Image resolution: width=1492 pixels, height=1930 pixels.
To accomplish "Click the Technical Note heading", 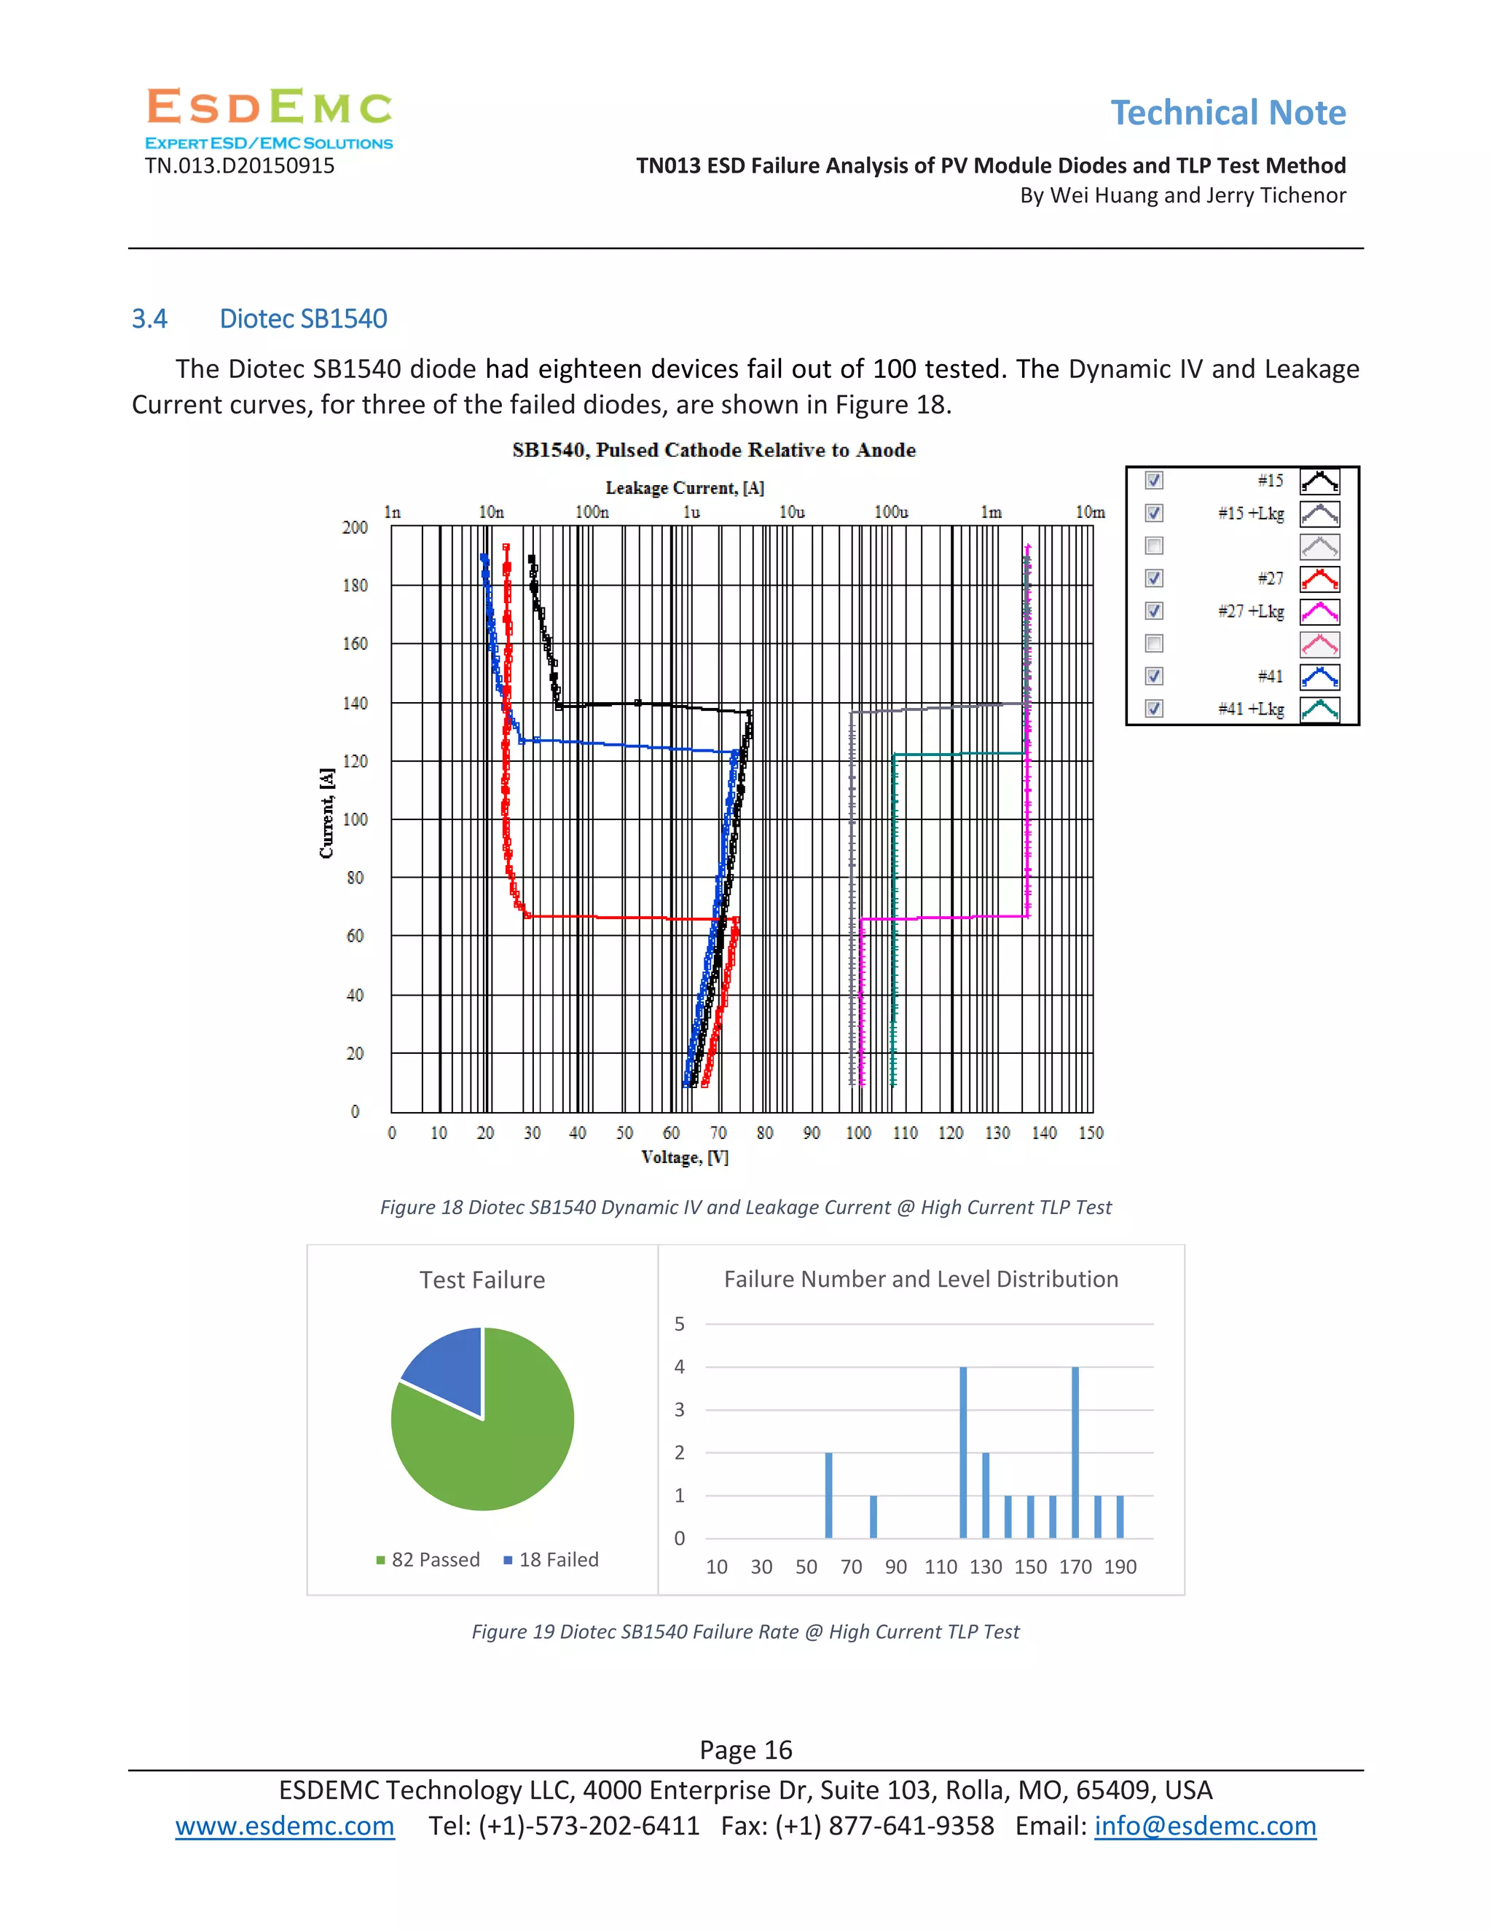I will point(1228,113).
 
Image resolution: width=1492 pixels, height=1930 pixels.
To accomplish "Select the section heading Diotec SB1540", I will point(302,319).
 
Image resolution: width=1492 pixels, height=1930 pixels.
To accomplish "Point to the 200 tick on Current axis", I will point(355,527).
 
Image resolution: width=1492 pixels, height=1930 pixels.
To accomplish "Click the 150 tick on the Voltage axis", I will point(1091,1133).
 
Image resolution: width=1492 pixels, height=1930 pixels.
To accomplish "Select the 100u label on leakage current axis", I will point(891,513).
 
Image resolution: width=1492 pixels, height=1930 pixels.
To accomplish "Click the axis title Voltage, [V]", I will point(684,1158).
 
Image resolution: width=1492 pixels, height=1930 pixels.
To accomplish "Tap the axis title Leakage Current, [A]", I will point(684,488).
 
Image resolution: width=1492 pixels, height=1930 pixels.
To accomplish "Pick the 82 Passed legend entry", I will point(428,1560).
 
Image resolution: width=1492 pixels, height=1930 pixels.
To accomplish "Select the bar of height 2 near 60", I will point(828,1495).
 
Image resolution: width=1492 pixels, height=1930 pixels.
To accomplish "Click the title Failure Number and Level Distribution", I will point(920,1280).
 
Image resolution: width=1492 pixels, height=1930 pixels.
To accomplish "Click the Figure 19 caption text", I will point(745,1631).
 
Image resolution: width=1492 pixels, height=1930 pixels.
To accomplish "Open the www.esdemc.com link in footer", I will point(285,1826).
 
